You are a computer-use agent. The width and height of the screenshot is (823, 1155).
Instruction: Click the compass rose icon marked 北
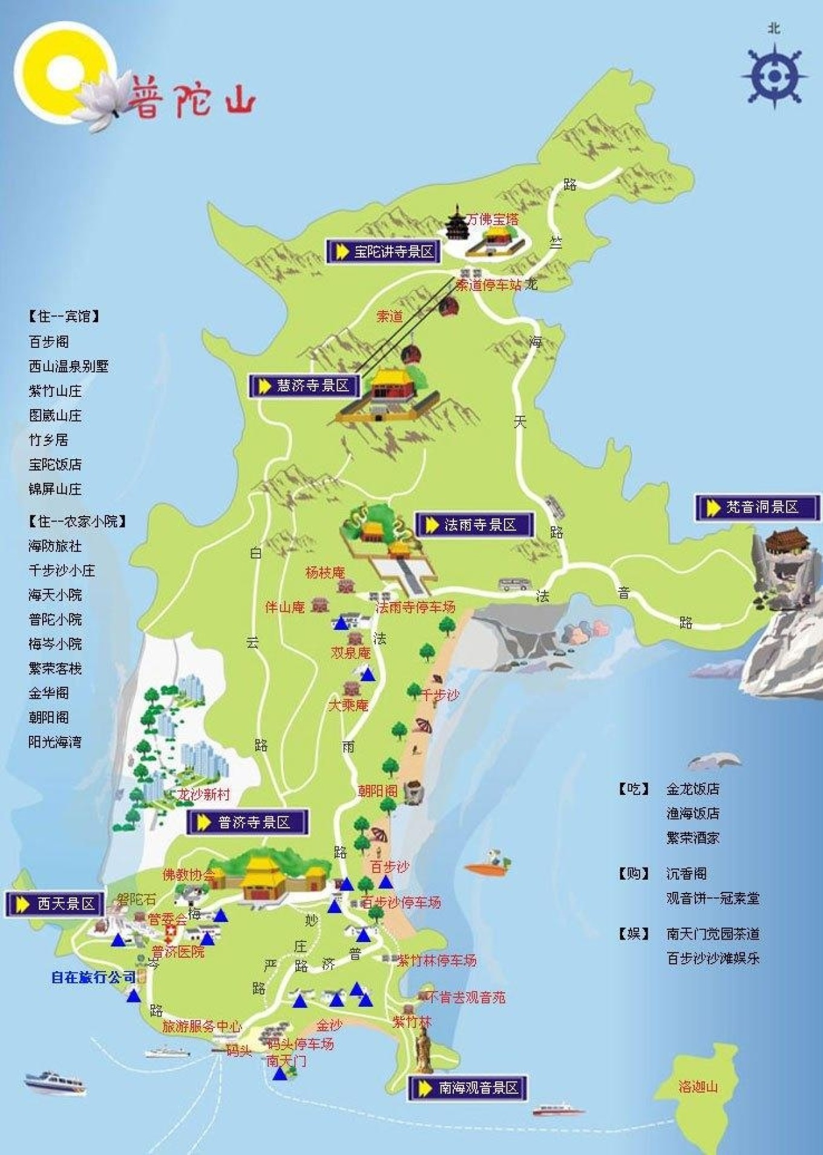click(774, 76)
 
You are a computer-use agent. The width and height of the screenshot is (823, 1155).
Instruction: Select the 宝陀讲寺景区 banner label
click(382, 252)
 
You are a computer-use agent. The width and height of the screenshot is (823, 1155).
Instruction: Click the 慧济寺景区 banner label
click(304, 386)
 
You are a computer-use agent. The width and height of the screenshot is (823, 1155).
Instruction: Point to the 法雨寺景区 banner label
click(473, 525)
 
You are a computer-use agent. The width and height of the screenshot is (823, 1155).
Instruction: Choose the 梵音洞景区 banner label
click(756, 507)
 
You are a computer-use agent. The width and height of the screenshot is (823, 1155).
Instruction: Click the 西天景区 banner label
click(55, 904)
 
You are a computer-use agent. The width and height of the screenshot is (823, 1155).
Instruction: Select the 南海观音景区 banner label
click(468, 1088)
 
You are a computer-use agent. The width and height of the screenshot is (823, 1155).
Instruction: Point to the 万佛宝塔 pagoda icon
click(455, 223)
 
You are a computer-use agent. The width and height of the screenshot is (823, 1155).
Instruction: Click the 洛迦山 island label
click(698, 1087)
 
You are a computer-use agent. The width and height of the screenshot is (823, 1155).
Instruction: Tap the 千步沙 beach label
click(441, 695)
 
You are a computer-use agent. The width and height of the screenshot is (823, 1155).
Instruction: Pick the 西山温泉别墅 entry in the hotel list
click(68, 366)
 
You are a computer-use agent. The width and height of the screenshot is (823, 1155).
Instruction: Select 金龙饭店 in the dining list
click(693, 789)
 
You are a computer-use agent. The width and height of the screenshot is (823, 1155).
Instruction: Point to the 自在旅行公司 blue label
click(93, 977)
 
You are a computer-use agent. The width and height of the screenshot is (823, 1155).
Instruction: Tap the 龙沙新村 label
click(204, 794)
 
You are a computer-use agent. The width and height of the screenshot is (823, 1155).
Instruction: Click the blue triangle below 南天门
click(279, 1074)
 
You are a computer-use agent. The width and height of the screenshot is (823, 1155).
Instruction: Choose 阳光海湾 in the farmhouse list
click(55, 742)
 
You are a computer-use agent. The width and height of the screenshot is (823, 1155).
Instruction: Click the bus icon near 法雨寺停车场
click(514, 585)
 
